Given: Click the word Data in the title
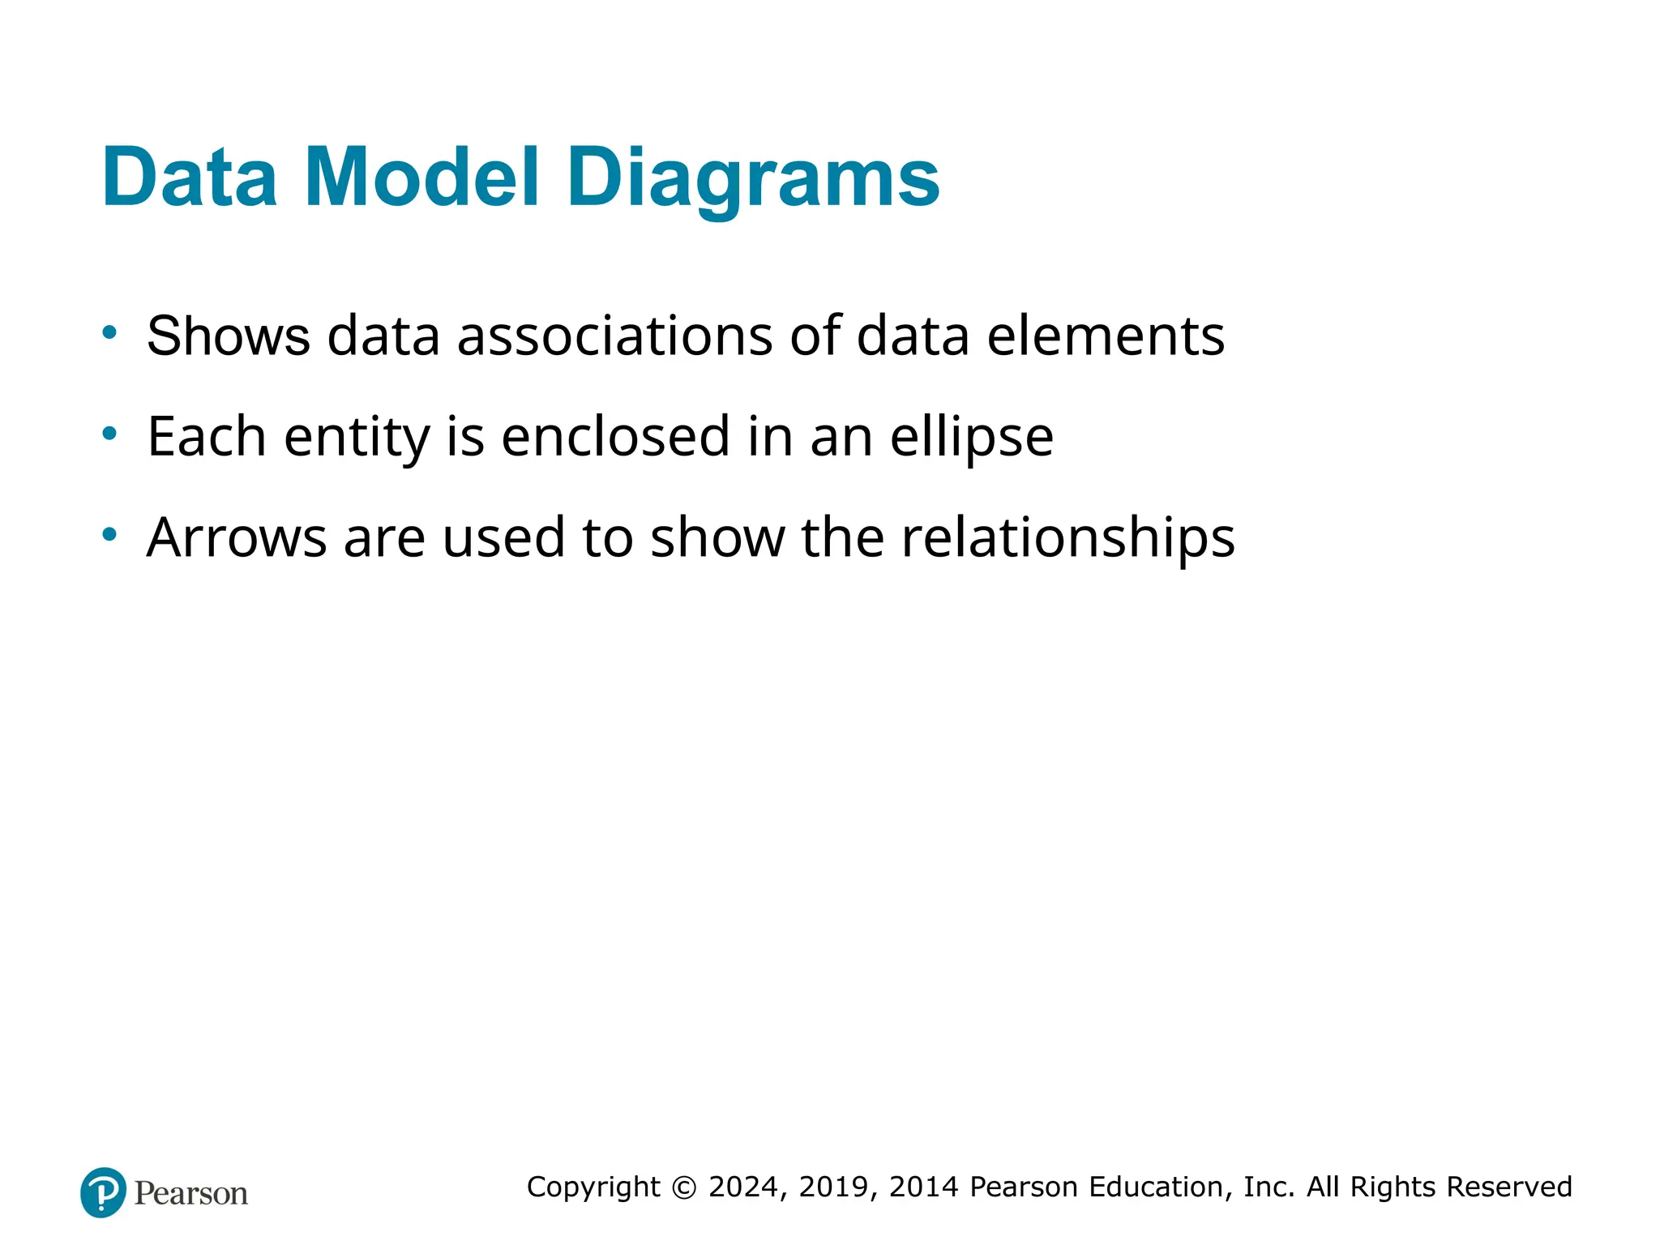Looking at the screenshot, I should click(x=190, y=178).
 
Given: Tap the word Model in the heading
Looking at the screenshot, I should click(x=421, y=178).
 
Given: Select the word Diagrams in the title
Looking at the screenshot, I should click(x=753, y=180).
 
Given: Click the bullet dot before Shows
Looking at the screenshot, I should click(x=109, y=332).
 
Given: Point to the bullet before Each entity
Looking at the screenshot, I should click(x=109, y=433).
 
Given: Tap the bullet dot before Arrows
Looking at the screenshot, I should click(x=109, y=534).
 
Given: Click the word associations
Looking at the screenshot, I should click(x=614, y=336).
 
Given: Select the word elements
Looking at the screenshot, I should click(x=1106, y=336).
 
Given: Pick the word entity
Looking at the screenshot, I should click(x=357, y=439).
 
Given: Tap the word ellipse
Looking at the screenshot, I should click(x=972, y=439).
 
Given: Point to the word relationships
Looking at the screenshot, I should click(x=1068, y=539).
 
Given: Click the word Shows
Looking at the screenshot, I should click(x=229, y=336).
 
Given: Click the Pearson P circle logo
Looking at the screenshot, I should click(x=104, y=1192).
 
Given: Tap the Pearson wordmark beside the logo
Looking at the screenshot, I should click(x=191, y=1193).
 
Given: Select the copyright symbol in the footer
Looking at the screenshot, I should click(x=684, y=1187).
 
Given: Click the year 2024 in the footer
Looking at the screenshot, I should click(x=744, y=1187).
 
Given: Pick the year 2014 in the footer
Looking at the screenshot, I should click(x=924, y=1187).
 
